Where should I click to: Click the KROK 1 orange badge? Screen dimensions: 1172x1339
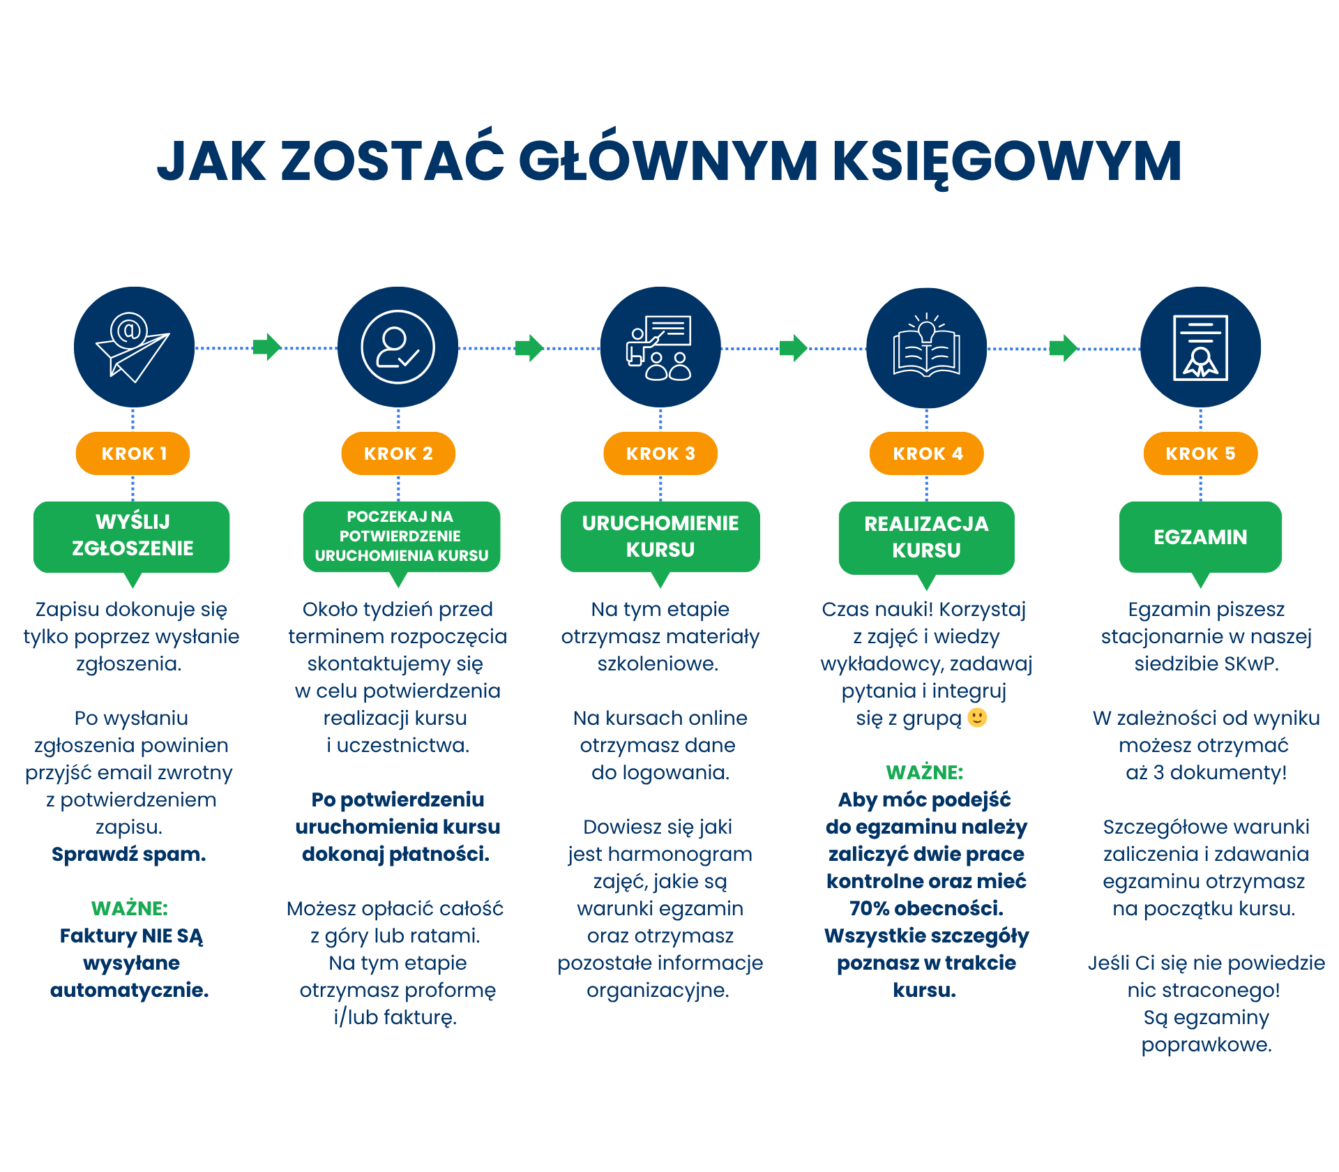point(133,453)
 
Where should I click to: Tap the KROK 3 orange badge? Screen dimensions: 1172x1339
point(660,453)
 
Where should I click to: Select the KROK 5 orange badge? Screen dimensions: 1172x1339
point(1200,453)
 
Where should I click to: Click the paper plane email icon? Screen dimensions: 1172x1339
point(133,347)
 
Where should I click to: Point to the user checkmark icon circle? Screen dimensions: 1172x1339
point(398,347)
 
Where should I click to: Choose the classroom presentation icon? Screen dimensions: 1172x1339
point(660,347)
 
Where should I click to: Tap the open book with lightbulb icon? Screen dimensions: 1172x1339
point(926,347)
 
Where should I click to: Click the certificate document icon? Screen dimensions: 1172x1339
point(1200,347)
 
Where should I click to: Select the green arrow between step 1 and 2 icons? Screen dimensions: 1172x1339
point(266,347)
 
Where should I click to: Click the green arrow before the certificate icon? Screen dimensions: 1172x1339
point(1064,347)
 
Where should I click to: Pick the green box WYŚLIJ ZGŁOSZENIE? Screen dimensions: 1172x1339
point(132,536)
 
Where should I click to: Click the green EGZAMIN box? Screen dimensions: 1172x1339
point(1200,536)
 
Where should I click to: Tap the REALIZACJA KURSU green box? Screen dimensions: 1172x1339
point(926,537)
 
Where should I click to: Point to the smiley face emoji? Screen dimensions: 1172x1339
point(978,718)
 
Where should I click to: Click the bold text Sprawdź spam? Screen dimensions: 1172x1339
point(129,854)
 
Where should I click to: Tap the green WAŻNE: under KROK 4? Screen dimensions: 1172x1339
point(925,772)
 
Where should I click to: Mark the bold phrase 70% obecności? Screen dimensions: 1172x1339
point(926,908)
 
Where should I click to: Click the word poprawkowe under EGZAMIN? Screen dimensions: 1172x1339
point(1206,1044)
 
